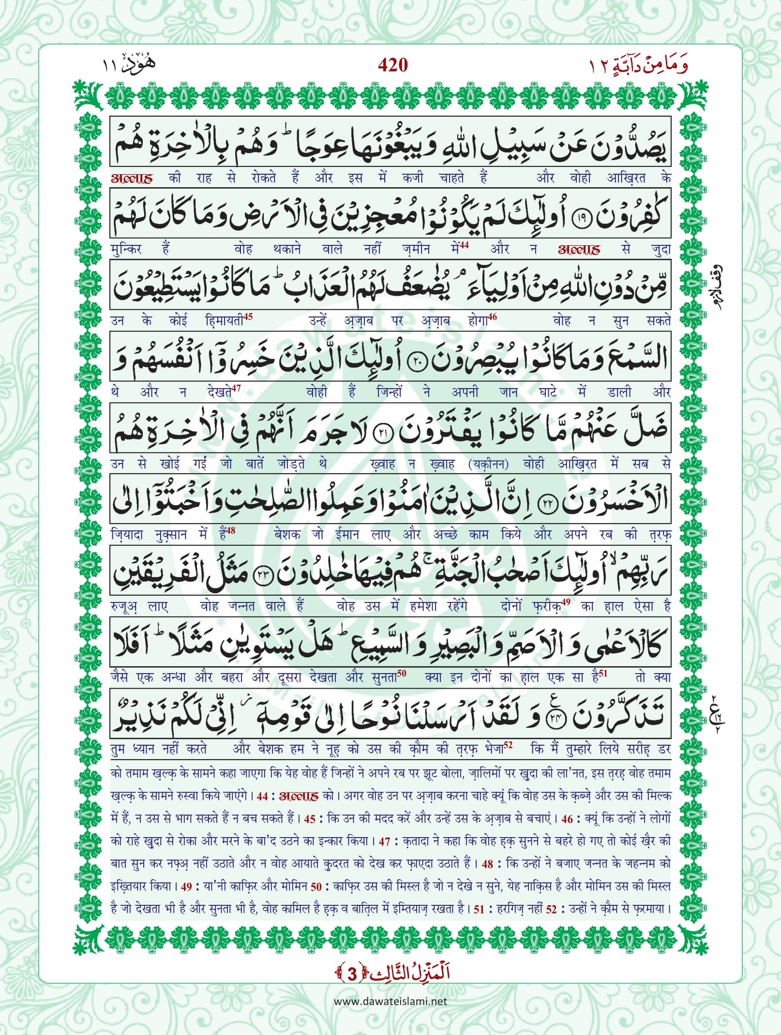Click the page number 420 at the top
(x=392, y=65)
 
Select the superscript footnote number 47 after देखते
(x=236, y=388)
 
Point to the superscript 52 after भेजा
(x=508, y=745)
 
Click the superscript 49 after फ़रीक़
(x=566, y=602)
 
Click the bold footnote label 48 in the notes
(x=487, y=864)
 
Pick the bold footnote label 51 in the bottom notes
(x=479, y=909)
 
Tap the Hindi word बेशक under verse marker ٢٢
(x=287, y=535)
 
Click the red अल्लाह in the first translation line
(x=132, y=178)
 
